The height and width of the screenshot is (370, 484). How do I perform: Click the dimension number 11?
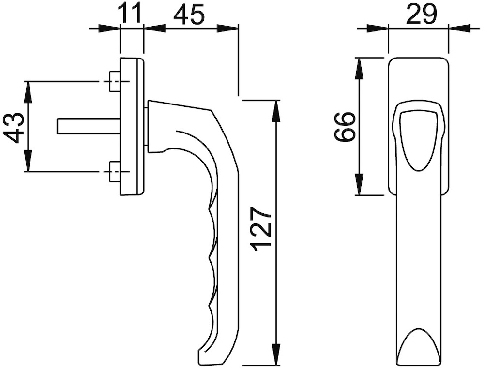[x=131, y=14]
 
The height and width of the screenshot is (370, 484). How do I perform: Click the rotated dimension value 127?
[x=261, y=230]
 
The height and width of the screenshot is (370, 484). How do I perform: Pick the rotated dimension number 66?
[x=345, y=126]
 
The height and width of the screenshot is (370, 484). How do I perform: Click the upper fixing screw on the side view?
[x=115, y=82]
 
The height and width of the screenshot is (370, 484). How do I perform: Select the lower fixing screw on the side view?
[x=115, y=172]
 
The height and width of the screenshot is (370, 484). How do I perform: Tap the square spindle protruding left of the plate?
[x=87, y=126]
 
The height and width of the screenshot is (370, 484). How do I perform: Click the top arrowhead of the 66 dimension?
[x=359, y=68]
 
